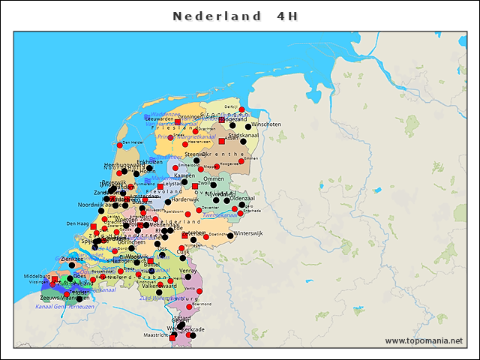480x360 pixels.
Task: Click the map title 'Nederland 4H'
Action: [x=239, y=16]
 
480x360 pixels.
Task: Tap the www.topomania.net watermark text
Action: [x=424, y=341]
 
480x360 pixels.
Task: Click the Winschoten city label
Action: [x=265, y=124]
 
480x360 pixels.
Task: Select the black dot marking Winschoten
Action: [x=248, y=127]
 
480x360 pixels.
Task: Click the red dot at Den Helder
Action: [x=119, y=145]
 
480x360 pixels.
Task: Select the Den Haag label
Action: [x=78, y=223]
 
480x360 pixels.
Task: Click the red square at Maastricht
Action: [x=173, y=339]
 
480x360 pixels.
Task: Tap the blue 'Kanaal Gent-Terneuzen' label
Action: [x=64, y=306]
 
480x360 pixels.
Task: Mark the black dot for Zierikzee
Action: [x=72, y=265]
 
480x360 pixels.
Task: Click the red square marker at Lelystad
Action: [x=160, y=186]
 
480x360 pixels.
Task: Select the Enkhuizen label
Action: [x=150, y=161]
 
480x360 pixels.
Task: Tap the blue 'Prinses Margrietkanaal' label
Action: [x=186, y=137]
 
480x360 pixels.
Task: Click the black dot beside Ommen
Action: [x=207, y=185]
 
